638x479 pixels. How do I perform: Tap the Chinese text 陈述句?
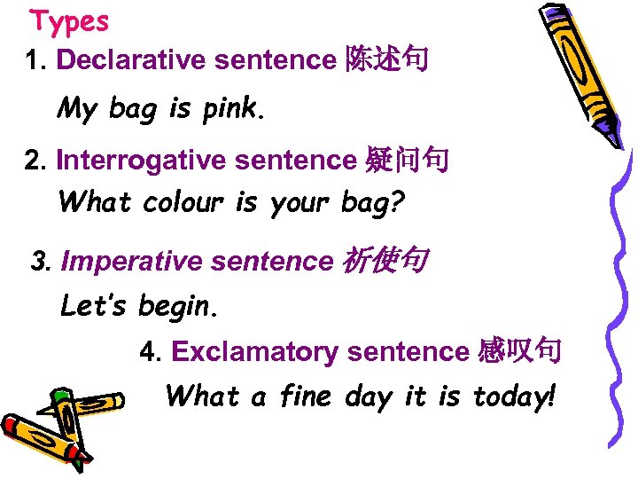click(x=384, y=59)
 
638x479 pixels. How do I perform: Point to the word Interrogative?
click(x=129, y=161)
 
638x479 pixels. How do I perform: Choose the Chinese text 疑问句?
click(x=407, y=161)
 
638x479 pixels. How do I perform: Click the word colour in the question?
click(x=183, y=203)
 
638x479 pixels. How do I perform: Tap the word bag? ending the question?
click(x=372, y=204)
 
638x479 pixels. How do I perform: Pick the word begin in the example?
click(x=176, y=307)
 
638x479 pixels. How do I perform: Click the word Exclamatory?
click(x=253, y=352)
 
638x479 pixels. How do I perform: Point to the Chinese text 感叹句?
click(x=518, y=351)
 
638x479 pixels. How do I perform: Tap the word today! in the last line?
click(x=515, y=396)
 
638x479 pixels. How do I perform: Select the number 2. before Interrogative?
click(x=36, y=161)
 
